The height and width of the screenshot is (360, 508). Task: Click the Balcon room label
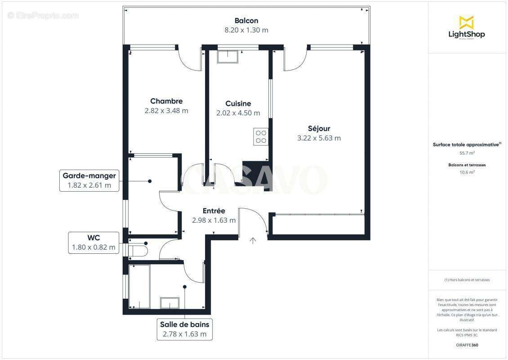(x=246, y=21)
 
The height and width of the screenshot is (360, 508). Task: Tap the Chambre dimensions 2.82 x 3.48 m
(x=166, y=111)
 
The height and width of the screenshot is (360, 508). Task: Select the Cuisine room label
(x=238, y=103)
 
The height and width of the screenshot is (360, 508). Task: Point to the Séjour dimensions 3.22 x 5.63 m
(x=319, y=138)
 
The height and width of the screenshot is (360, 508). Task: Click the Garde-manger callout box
(x=89, y=180)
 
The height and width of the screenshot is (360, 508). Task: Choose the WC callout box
(x=94, y=242)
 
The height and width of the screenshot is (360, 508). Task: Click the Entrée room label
(x=214, y=211)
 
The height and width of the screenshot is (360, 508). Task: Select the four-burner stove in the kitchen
(x=261, y=136)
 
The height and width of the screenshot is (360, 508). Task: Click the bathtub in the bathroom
(x=139, y=287)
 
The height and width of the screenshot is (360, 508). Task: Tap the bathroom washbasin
(x=169, y=303)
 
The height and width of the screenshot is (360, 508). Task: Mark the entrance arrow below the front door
(x=253, y=241)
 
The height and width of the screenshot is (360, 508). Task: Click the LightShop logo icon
(x=466, y=22)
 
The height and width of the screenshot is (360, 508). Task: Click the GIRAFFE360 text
(x=467, y=345)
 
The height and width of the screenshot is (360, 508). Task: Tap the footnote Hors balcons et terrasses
(x=467, y=280)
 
